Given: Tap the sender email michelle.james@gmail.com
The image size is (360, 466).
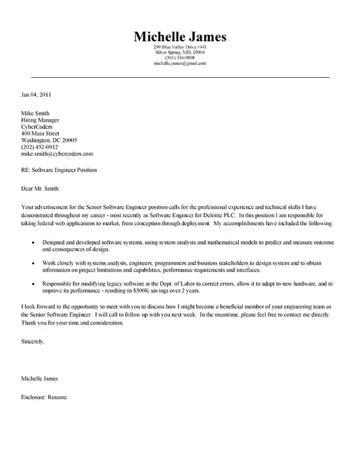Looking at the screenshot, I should (x=179, y=63).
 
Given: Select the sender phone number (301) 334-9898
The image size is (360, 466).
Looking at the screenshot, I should (x=179, y=58).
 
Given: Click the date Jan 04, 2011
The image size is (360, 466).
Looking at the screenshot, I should (x=36, y=94).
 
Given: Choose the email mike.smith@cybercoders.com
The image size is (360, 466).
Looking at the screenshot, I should (x=57, y=154).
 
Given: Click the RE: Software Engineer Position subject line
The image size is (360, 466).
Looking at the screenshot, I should (x=59, y=171).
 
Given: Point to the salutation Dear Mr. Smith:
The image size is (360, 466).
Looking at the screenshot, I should (x=43, y=189).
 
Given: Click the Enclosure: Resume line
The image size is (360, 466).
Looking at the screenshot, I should (x=45, y=397).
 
